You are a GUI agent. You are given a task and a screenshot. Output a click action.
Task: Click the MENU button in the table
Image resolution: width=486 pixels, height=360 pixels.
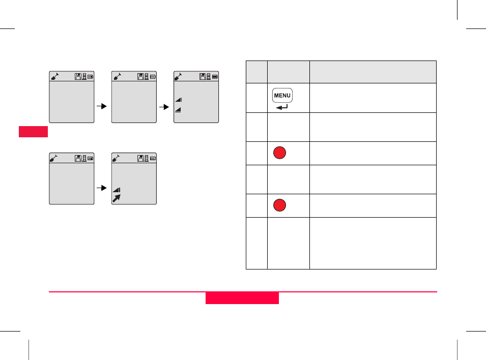point(282,95)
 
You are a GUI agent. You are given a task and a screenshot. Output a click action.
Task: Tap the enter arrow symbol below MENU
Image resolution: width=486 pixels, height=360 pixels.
point(281,107)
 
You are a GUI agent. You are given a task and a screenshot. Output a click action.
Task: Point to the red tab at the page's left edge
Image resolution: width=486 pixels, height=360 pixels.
point(34,132)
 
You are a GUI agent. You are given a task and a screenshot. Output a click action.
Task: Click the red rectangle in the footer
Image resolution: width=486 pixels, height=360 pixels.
point(242,298)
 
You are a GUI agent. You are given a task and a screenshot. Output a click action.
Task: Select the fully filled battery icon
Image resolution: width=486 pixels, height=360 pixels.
point(215,76)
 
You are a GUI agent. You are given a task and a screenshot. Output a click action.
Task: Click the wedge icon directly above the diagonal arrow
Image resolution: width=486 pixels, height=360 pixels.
point(117,190)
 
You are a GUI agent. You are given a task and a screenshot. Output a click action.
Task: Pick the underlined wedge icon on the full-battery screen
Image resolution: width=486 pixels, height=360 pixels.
point(179,109)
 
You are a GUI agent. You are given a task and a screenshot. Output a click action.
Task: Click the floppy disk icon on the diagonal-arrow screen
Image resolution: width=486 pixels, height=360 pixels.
point(141,158)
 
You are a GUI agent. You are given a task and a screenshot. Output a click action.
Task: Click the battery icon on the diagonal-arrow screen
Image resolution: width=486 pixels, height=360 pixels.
point(153,158)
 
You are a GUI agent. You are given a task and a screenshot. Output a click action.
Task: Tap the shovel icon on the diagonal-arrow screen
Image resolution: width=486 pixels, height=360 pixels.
point(117,158)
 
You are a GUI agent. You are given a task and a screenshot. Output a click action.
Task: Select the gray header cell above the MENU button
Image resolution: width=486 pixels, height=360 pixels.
point(288,72)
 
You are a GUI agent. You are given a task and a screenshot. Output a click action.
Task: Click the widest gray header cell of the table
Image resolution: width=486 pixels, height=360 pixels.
point(373,72)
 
